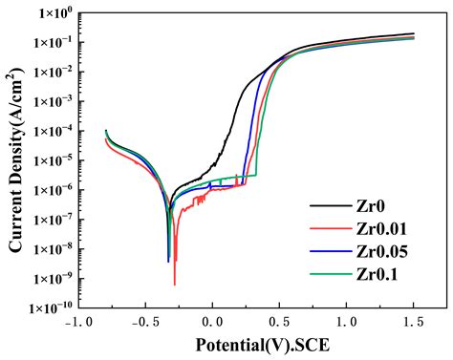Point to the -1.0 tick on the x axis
pos(76,322)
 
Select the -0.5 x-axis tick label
pos(143,322)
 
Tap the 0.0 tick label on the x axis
pos(212,322)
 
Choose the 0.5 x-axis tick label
pos(279,322)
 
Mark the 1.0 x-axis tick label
pos(347,322)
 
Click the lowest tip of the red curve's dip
pos(175,285)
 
